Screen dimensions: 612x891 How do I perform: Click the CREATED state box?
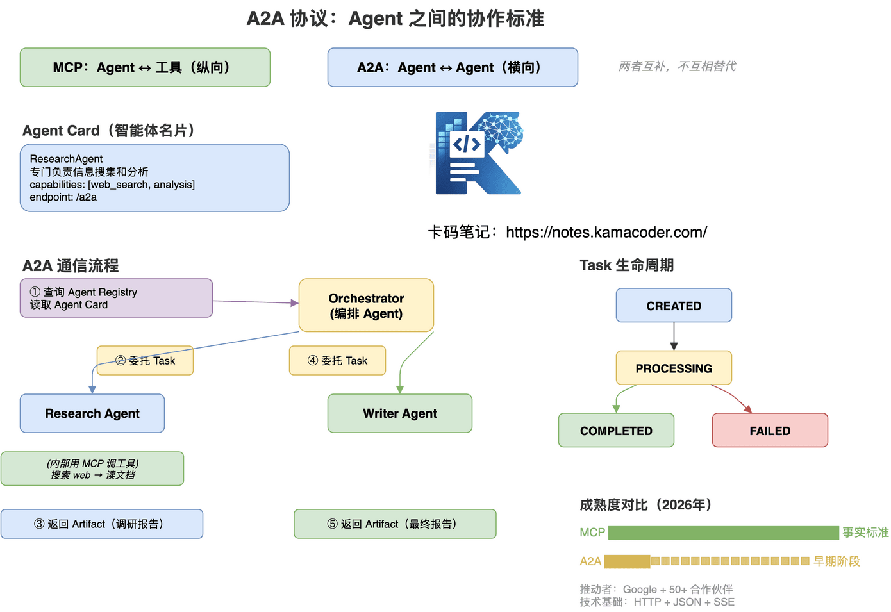click(x=674, y=306)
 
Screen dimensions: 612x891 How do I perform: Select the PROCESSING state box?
click(x=674, y=368)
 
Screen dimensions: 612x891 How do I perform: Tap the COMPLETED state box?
click(x=616, y=431)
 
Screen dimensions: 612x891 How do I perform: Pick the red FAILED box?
click(x=770, y=431)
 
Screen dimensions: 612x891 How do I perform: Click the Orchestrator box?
click(x=366, y=306)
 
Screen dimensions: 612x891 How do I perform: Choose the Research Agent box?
click(x=92, y=413)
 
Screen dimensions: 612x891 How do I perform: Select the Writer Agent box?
click(x=400, y=413)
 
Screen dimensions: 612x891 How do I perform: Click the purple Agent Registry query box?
click(x=116, y=298)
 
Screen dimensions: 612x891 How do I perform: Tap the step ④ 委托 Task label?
click(x=338, y=361)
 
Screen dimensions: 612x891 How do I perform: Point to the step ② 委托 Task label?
click(x=146, y=361)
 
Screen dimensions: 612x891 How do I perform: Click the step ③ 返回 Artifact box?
click(x=102, y=524)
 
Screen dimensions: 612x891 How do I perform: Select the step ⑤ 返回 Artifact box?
click(x=395, y=524)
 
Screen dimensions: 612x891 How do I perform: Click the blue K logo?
click(x=478, y=153)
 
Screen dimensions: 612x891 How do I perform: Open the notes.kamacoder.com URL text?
click(x=606, y=232)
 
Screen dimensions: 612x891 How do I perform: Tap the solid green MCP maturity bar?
click(x=723, y=533)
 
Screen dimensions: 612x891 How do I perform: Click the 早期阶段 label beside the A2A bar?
click(x=837, y=561)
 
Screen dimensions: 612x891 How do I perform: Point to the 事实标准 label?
click(x=865, y=533)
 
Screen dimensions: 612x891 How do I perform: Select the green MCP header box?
click(x=145, y=67)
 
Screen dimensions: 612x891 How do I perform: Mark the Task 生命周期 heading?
click(x=626, y=265)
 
